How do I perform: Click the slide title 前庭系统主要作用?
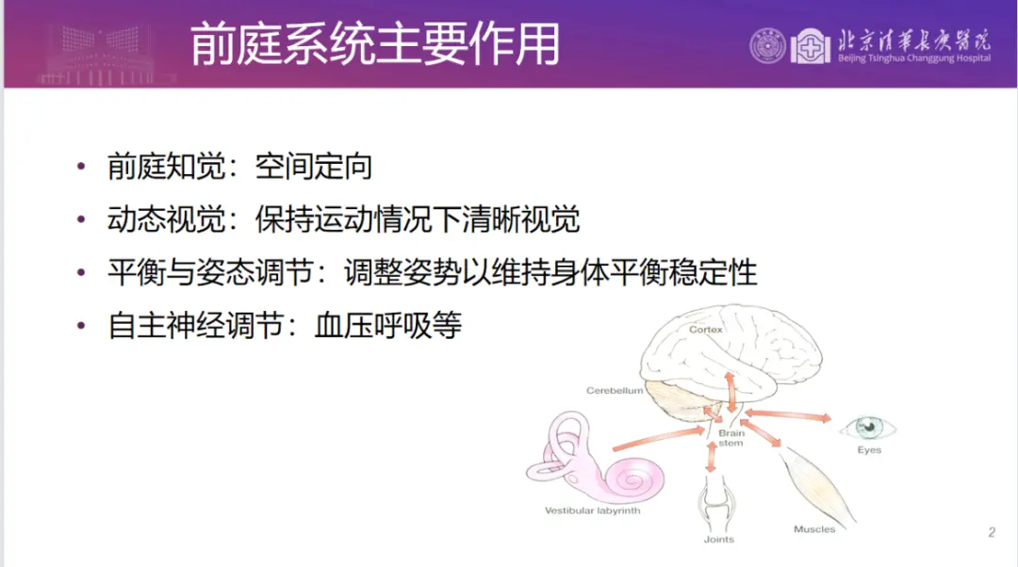point(374,44)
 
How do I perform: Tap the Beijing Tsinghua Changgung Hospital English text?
point(914,58)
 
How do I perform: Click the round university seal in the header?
point(767,46)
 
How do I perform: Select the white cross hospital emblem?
point(810,46)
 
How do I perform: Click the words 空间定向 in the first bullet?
point(314,167)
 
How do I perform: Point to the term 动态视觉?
point(166,219)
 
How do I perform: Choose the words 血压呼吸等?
point(388,325)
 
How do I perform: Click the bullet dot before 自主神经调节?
point(81,325)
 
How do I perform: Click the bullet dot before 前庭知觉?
point(81,167)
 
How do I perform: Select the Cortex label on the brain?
point(706,330)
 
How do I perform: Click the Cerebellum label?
point(615,391)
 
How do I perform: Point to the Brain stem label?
point(731,438)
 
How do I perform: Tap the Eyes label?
point(869,449)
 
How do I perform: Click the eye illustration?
point(868,428)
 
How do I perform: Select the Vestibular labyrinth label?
point(592,510)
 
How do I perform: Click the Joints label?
point(718,539)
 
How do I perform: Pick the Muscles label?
point(814,529)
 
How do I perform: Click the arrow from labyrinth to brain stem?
point(659,438)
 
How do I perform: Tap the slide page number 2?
point(992,532)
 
